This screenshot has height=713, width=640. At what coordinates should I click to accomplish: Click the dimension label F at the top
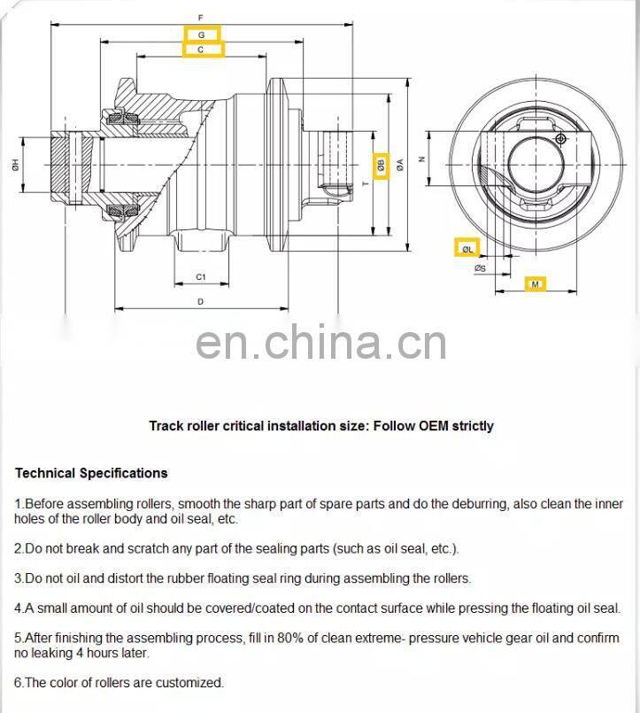pyautogui.click(x=201, y=17)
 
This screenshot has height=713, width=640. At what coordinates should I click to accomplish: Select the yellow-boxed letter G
pyautogui.click(x=201, y=34)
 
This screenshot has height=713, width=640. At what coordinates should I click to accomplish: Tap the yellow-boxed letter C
pyautogui.click(x=201, y=50)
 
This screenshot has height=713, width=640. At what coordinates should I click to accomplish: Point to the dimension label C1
pyautogui.click(x=201, y=277)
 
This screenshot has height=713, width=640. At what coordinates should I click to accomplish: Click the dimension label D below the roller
pyautogui.click(x=201, y=302)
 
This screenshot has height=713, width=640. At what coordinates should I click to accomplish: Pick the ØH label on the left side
pyautogui.click(x=15, y=164)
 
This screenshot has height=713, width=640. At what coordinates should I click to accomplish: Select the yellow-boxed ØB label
pyautogui.click(x=381, y=165)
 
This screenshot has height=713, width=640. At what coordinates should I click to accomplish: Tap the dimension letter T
pyautogui.click(x=365, y=182)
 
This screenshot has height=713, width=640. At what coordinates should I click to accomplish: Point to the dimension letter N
pyautogui.click(x=422, y=159)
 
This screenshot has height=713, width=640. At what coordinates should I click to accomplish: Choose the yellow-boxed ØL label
pyautogui.click(x=467, y=249)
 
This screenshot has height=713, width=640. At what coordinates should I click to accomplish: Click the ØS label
pyautogui.click(x=479, y=267)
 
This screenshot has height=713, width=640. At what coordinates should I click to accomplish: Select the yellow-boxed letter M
pyautogui.click(x=534, y=284)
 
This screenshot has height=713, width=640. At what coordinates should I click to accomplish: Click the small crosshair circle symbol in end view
pyautogui.click(x=559, y=138)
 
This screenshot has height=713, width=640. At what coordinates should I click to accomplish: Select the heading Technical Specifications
pyautogui.click(x=91, y=473)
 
